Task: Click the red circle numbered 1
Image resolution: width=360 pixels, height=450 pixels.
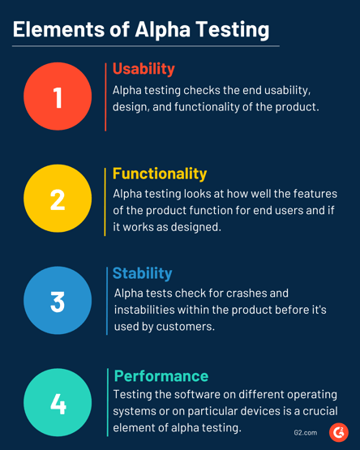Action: point(58,96)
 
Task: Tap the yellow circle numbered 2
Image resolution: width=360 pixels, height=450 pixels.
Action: point(58,199)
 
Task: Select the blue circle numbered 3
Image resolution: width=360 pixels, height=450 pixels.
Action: point(58,301)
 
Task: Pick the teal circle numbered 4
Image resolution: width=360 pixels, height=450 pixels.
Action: point(58,403)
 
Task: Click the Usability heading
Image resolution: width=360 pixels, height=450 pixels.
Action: point(144,68)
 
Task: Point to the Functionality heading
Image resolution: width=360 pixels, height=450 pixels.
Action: point(160,174)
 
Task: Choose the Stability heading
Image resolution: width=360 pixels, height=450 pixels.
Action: point(142,273)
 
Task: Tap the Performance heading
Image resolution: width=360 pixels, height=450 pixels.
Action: point(161,375)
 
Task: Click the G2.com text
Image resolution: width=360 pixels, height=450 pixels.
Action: point(306,433)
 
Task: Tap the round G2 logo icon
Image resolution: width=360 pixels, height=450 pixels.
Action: point(338,432)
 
